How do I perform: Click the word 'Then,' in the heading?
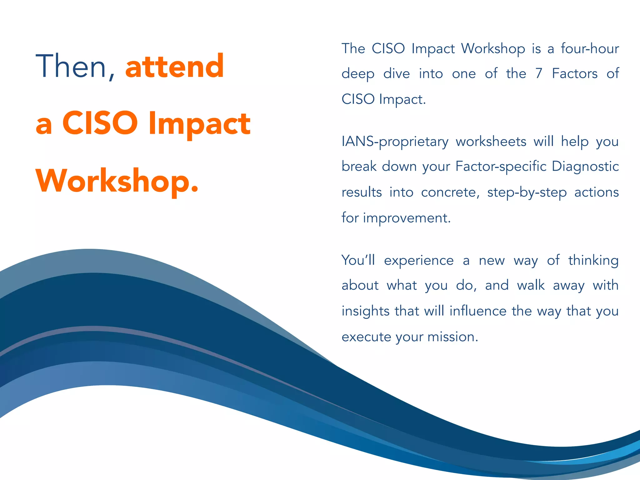(75, 66)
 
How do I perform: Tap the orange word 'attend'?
(175, 66)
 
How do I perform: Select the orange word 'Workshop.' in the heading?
(117, 181)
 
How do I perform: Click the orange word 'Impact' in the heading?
(199, 124)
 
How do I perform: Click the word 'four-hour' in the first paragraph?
(590, 49)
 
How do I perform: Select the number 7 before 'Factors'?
(538, 74)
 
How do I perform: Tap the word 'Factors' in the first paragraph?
(575, 74)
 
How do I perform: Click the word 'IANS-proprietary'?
(395, 142)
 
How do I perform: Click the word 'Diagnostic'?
(585, 167)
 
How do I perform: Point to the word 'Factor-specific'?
(501, 167)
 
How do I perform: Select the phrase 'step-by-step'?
(527, 192)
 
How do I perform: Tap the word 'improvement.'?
(407, 218)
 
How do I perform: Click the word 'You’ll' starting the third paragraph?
(358, 260)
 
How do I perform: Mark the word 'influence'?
(478, 311)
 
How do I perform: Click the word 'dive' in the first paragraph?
(396, 74)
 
